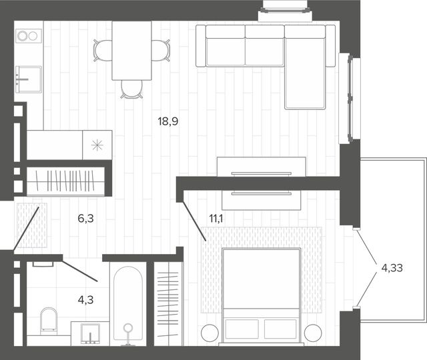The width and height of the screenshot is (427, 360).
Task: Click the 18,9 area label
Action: click(168, 121)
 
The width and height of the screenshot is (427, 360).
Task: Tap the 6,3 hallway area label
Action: click(86, 218)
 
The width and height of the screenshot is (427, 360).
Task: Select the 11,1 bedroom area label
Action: click(216, 218)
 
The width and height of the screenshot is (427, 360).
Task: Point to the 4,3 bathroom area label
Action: click(86, 300)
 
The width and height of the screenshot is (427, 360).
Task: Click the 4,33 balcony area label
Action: click(392, 268)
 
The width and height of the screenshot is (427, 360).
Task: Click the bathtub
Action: click(128, 303)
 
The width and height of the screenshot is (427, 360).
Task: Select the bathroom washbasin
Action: click(90, 333)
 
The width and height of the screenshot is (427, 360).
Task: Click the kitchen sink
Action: click(29, 79)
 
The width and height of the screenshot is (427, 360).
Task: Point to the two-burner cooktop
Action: click(29, 36)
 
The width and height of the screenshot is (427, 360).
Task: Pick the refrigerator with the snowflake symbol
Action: click(97, 145)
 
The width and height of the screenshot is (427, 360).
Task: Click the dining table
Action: click(132, 51)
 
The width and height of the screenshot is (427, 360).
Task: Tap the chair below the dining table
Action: click(132, 89)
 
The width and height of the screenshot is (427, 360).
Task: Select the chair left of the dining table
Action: click(103, 51)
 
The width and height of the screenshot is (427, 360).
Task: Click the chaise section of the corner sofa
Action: click(305, 73)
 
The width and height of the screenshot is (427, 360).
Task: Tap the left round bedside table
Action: click(209, 333)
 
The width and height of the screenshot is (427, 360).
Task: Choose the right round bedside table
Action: click(313, 333)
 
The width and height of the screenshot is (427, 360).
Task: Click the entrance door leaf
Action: click(26, 228)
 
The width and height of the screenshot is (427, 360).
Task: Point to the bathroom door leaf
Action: click(80, 271)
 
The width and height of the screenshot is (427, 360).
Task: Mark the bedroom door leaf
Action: click(194, 221)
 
